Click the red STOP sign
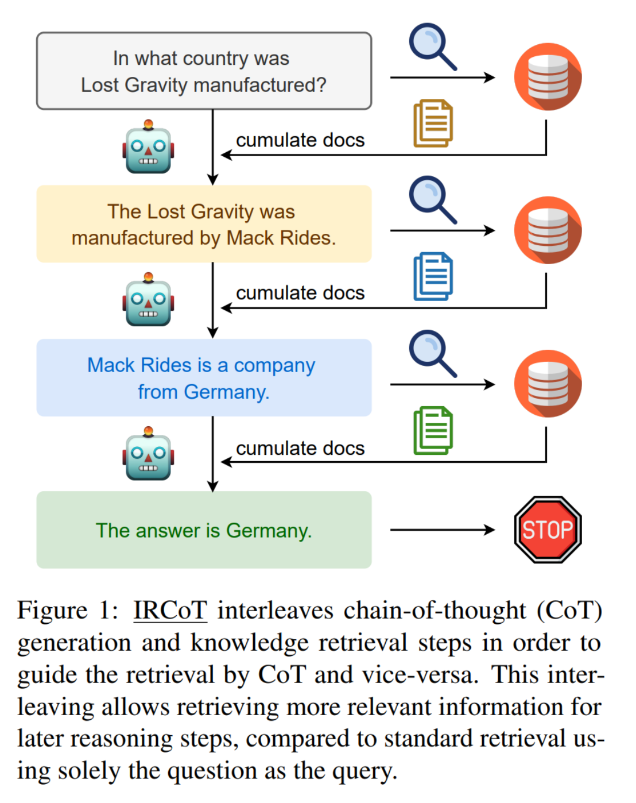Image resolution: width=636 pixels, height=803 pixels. (548, 530)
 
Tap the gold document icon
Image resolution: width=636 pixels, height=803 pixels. (433, 123)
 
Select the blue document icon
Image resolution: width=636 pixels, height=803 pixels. (433, 276)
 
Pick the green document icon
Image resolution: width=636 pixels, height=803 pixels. (433, 430)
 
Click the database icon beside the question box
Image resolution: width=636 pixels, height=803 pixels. (548, 76)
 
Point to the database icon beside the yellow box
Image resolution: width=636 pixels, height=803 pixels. (548, 230)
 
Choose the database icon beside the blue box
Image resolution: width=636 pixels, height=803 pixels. (548, 383)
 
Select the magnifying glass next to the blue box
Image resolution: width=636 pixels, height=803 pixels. (432, 353)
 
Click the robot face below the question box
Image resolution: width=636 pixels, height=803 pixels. (148, 148)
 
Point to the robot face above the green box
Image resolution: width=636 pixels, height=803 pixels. (148, 454)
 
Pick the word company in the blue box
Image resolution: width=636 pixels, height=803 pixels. (274, 365)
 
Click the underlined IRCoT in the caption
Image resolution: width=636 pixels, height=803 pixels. (170, 611)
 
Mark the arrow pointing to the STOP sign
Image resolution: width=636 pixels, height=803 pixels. (442, 530)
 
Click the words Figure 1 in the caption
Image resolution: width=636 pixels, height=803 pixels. (67, 611)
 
